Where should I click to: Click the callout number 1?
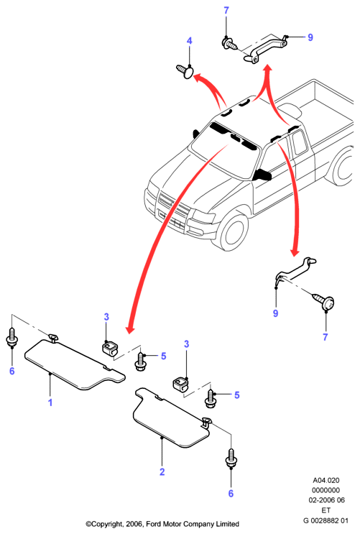coord(50,402)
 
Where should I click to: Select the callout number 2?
coord(162,471)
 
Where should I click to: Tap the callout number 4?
coord(190,41)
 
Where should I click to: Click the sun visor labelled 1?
coord(74,364)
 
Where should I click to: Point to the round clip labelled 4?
coord(185,72)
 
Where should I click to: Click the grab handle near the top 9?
coord(265,48)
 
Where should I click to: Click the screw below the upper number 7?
coord(230,44)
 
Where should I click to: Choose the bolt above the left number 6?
coord(12,338)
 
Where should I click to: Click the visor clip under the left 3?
coord(109,348)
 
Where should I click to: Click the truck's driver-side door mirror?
coord(262,175)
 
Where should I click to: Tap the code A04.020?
coord(326,480)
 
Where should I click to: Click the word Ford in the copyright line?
coord(154,524)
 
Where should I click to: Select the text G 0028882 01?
coord(326,520)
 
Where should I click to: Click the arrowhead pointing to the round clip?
coord(198,78)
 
